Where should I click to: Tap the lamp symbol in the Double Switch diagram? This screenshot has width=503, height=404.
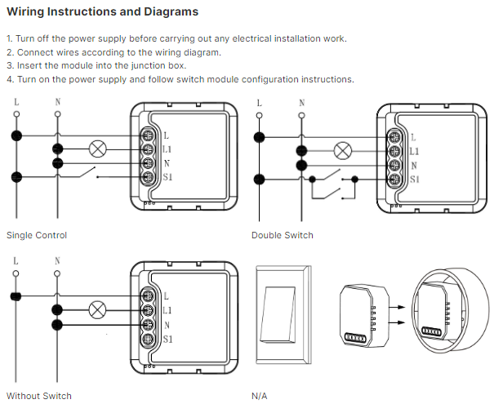point(343,151)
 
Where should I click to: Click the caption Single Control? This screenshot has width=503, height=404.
point(37,236)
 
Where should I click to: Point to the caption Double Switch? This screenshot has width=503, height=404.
point(283,236)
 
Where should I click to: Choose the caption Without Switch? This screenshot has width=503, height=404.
point(39,396)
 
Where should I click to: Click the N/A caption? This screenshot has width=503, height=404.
point(260,396)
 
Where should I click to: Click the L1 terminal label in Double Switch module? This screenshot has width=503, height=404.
point(414,151)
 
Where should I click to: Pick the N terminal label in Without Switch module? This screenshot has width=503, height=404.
point(167,324)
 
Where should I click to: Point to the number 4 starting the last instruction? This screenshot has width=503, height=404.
point(9,79)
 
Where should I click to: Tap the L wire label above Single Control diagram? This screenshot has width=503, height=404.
point(16,102)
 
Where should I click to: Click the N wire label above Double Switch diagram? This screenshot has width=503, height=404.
point(302,103)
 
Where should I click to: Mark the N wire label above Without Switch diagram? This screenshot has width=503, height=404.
point(57,262)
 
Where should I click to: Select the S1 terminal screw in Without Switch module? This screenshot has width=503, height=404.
point(149,338)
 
